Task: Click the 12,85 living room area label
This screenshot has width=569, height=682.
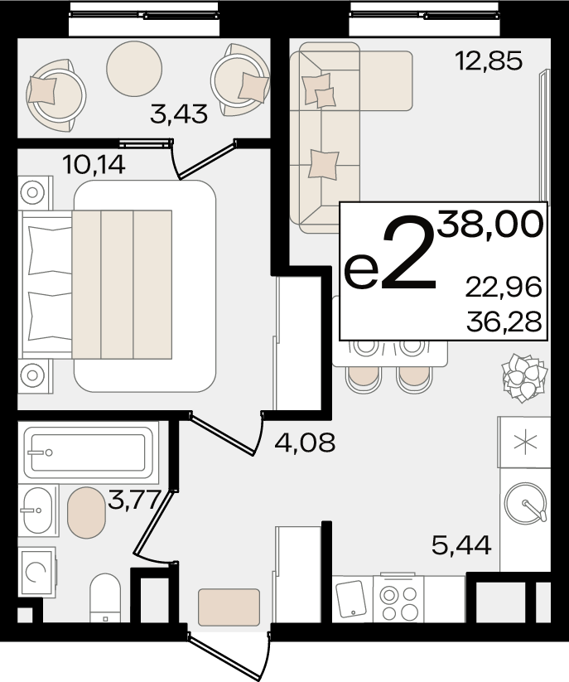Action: pos(489,60)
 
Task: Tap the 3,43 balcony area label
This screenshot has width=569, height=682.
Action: pos(179,114)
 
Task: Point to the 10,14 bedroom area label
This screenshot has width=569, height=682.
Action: pos(94,165)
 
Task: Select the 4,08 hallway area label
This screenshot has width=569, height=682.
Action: pos(305,443)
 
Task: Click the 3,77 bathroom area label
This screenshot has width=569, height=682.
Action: pos(133,500)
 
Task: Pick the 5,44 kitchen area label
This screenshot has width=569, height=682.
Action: pos(461,545)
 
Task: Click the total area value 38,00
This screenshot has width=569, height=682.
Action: pos(490,224)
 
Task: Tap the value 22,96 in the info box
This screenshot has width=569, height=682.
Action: pos(504,288)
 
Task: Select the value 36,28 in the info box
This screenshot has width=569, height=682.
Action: pos(504,322)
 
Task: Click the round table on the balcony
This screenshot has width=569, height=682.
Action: pos(134,68)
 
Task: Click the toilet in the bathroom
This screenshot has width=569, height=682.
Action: pos(104,597)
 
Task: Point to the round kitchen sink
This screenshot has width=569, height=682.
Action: pos(525,502)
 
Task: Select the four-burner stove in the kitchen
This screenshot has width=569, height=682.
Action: pos(398,598)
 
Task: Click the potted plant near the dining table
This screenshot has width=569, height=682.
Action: pos(524,377)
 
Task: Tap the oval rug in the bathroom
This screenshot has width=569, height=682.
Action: pos(86,513)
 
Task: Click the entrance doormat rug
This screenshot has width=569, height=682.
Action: pos(229,607)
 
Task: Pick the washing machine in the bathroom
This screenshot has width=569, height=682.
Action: pos(37,572)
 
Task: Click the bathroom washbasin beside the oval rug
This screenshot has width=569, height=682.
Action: pos(38,510)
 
